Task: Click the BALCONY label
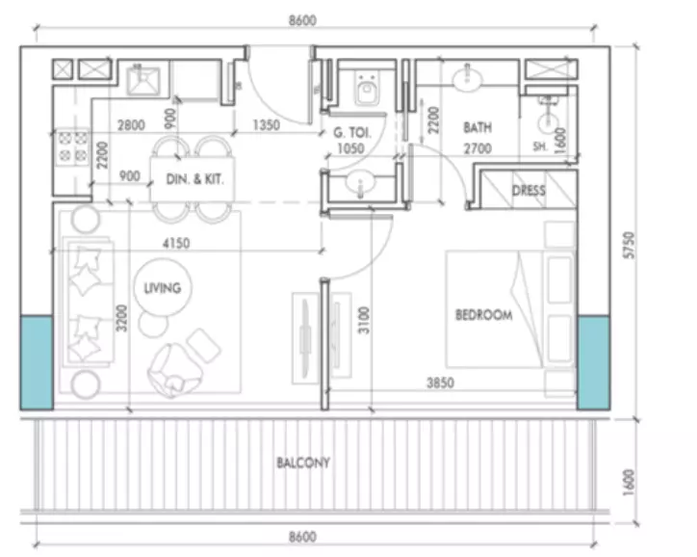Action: (x=303, y=463)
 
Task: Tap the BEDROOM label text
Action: (x=484, y=315)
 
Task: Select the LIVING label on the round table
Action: (x=163, y=288)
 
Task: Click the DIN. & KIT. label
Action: (x=194, y=179)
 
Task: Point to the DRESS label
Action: (x=529, y=191)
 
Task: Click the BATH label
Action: (x=478, y=127)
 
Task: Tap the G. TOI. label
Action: (x=352, y=133)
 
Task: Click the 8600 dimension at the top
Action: (x=302, y=20)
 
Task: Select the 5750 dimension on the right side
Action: (x=629, y=245)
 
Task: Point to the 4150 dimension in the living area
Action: (x=176, y=244)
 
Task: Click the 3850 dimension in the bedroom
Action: (x=440, y=383)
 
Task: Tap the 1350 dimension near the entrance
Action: (x=267, y=125)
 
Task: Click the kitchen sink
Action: (x=143, y=81)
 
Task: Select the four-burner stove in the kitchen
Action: (x=72, y=147)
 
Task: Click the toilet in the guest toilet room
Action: (x=367, y=88)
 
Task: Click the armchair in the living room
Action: (x=174, y=370)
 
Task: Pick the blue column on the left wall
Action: (x=37, y=362)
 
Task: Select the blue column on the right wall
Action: (x=593, y=362)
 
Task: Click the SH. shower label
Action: (x=540, y=146)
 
